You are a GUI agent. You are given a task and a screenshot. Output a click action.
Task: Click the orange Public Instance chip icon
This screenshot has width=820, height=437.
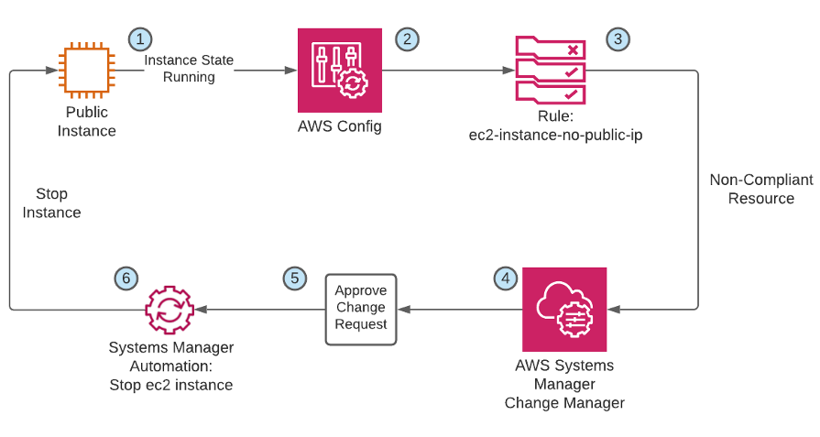(87, 70)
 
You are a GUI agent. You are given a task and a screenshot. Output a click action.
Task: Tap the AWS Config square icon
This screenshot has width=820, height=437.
(339, 70)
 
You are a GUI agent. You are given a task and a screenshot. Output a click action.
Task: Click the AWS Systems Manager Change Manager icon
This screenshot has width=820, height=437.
(564, 309)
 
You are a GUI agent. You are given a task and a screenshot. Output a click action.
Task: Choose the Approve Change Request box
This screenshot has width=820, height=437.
(361, 309)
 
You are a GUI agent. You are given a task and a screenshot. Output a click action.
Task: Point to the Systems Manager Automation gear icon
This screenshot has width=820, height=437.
(170, 310)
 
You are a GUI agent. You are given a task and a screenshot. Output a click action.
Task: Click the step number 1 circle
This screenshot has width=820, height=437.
(139, 38)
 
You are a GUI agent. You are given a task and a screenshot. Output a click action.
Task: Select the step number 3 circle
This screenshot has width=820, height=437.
(618, 38)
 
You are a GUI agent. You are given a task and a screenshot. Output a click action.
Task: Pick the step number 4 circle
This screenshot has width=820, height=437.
(503, 278)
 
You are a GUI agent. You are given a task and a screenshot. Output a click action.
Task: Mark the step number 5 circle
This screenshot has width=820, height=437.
(293, 278)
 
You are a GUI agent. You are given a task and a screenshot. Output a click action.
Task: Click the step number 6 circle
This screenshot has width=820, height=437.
(126, 278)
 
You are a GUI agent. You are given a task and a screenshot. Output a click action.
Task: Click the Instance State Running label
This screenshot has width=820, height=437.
(189, 69)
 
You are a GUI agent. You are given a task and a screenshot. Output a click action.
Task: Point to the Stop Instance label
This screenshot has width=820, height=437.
(51, 203)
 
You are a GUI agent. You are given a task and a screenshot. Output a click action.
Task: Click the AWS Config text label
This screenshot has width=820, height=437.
(339, 126)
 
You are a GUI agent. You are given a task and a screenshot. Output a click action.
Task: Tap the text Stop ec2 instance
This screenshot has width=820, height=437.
(170, 385)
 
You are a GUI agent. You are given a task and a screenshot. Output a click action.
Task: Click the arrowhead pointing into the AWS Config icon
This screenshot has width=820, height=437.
(291, 70)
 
